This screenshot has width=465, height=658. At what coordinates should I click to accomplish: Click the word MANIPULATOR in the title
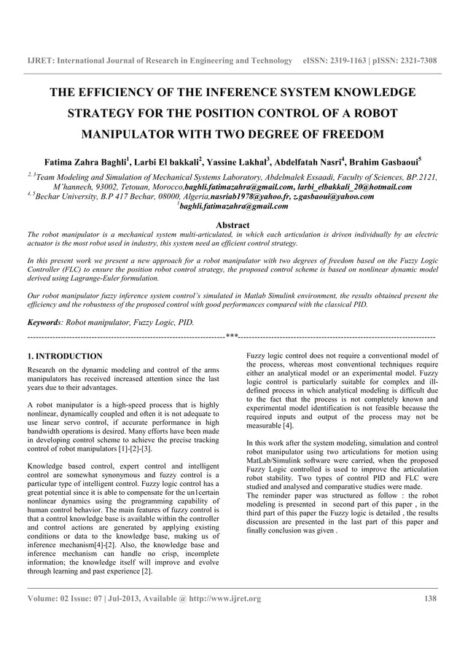click(x=125, y=135)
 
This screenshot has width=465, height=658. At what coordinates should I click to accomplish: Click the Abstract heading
click(x=232, y=226)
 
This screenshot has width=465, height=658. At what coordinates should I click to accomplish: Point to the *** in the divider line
click(x=232, y=336)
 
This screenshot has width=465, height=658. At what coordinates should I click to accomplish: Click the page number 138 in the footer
click(x=431, y=599)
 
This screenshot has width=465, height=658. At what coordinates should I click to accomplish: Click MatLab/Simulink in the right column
click(x=274, y=482)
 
